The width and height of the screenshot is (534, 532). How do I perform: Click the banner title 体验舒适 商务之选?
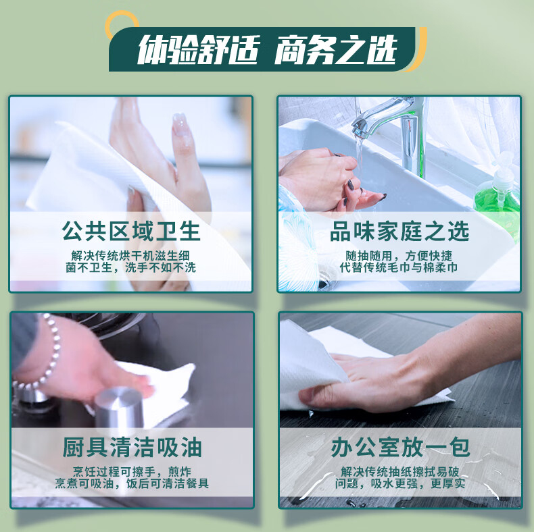[268, 49]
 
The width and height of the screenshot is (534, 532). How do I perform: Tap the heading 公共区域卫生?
[130, 232]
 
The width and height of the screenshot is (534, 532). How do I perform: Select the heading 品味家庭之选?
[399, 232]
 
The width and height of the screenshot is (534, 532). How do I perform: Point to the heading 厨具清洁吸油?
[132, 448]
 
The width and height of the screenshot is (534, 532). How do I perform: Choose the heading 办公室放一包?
[400, 448]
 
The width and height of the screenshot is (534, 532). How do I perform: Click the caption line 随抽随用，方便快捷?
[399, 256]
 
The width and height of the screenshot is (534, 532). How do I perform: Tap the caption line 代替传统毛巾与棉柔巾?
[398, 268]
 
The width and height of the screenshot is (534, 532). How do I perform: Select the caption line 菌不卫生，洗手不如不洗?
[130, 268]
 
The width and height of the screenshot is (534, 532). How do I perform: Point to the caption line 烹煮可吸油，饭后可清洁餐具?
[132, 483]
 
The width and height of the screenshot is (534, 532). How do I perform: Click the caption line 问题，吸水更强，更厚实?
[399, 483]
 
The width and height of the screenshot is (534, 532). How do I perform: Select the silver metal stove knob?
[119, 407]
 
